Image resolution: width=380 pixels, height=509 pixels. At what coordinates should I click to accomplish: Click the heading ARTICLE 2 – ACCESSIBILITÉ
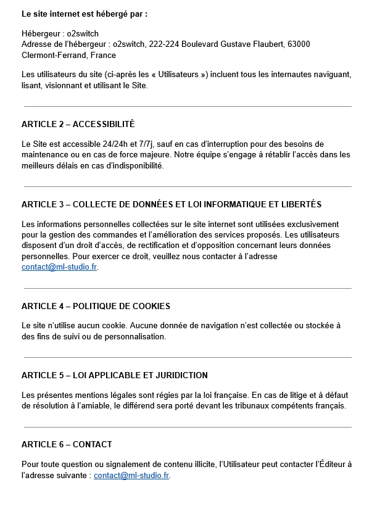78,124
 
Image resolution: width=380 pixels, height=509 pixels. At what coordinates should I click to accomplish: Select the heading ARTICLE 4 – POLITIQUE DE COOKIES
96,306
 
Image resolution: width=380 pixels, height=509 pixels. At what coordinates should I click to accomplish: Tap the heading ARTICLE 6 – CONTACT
67,444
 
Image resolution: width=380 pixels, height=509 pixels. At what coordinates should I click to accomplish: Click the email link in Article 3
59,268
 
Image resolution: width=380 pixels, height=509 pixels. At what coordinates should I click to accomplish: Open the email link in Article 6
131,476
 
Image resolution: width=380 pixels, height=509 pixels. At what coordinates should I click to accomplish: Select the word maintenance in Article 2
46,155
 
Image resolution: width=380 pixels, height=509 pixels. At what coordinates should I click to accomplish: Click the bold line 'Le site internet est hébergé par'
85,13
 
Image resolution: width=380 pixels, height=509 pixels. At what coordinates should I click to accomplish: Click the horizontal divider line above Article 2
187,107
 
